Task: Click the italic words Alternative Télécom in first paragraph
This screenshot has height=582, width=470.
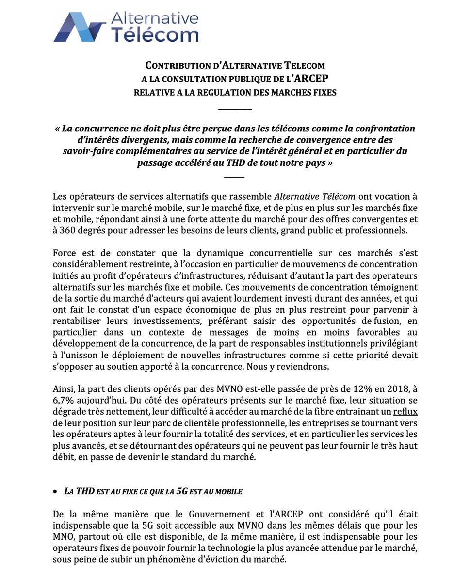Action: pos(314,197)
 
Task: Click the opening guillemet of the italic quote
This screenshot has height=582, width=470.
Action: pos(58,129)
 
